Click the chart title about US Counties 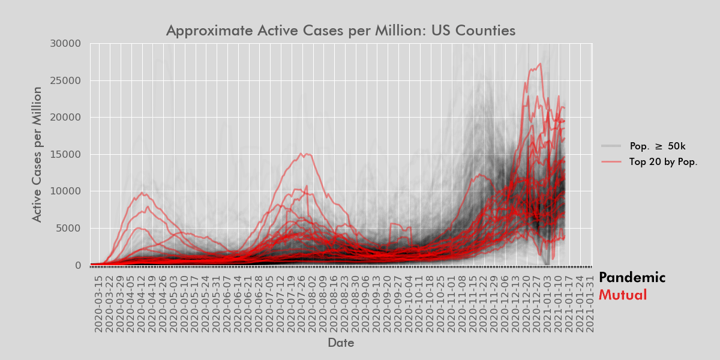click(x=340, y=31)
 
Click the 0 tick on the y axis click(x=77, y=265)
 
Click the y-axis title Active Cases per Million click(x=37, y=154)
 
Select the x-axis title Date click(x=340, y=343)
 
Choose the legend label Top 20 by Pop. click(x=663, y=161)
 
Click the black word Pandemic click(x=632, y=278)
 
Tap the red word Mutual click(x=623, y=295)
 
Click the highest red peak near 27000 click(x=541, y=64)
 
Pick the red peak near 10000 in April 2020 click(x=142, y=193)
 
